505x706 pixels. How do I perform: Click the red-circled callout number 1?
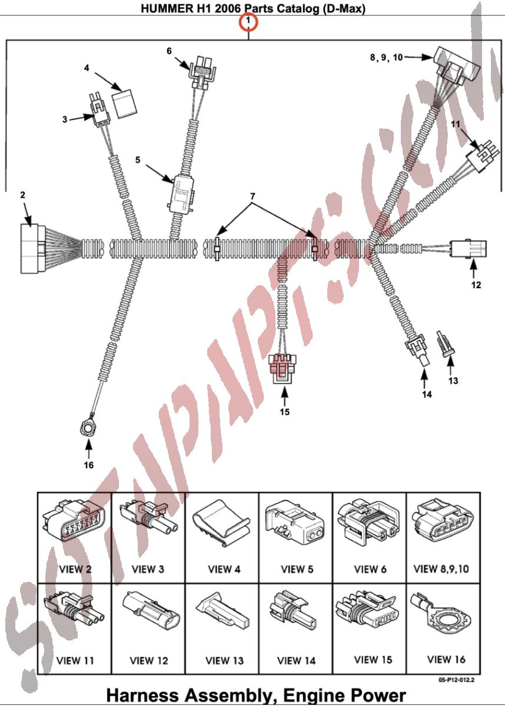tap(248, 22)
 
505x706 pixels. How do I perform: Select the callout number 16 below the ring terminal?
tap(88, 465)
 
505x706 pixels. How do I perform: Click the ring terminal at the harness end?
tap(88, 428)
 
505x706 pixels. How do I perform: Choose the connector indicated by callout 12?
tap(469, 249)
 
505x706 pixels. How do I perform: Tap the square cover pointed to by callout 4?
tap(125, 104)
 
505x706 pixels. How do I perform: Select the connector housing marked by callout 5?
tap(182, 193)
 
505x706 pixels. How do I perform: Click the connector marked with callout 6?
tap(202, 72)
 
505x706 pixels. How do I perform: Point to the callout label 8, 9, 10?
tap(387, 58)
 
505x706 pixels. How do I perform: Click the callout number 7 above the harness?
tap(252, 196)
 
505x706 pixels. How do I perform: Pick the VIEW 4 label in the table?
tap(224, 570)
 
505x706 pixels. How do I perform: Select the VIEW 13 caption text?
tap(224, 660)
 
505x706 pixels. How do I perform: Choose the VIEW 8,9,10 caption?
tap(441, 569)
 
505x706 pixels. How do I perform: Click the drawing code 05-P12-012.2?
tap(456, 680)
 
